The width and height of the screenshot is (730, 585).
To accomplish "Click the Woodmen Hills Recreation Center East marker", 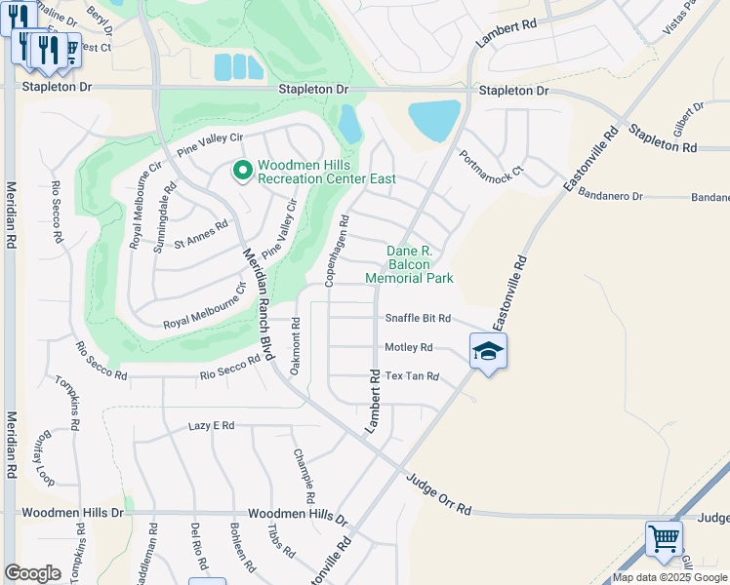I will point(243,172).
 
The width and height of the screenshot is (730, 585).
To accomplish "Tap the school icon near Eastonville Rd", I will point(488,352).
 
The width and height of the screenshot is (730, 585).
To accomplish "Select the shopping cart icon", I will point(664,538).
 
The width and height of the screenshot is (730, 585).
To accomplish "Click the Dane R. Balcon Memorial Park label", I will point(409,264).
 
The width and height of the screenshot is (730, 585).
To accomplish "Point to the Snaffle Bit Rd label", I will point(417,319).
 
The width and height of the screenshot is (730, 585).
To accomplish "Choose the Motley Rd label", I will point(408,347).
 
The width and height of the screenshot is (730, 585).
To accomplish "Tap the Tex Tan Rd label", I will point(412,376).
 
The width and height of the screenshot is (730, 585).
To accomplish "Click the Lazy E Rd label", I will point(212,426).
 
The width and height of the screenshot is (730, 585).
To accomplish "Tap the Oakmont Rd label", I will point(295,342).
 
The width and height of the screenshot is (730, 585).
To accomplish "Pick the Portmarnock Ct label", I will point(492,162).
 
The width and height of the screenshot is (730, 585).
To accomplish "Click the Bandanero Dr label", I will point(610,196).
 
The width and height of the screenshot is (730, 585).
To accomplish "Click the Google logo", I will point(32,573).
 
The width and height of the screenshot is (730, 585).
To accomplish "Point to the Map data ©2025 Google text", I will point(669,577).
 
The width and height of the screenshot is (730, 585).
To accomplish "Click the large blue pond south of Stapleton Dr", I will point(434,120).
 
